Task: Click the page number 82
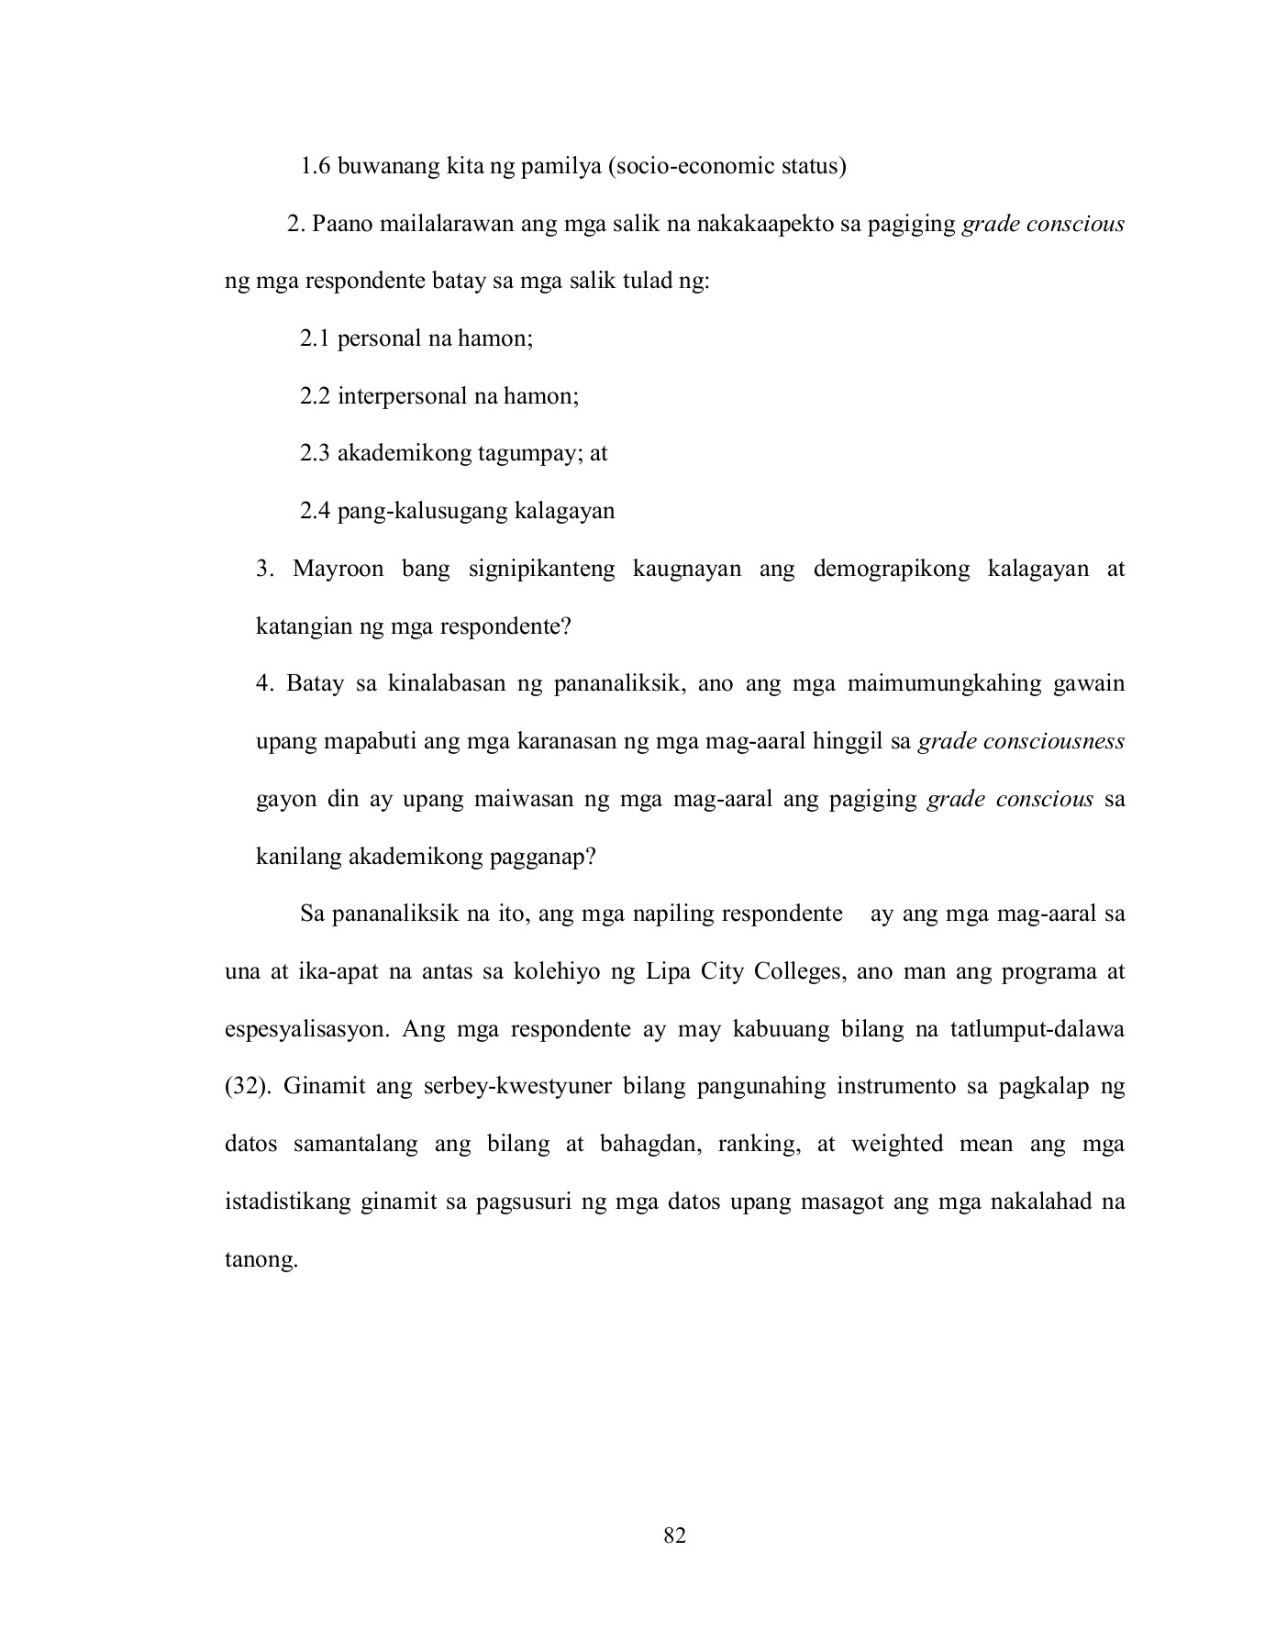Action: click(x=674, y=1535)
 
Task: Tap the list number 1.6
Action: click(x=315, y=166)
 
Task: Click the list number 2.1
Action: click(x=315, y=338)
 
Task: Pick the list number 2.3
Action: click(x=315, y=453)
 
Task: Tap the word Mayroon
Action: click(x=338, y=569)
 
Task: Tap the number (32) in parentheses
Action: click(x=247, y=1087)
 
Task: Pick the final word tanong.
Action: click(x=261, y=1260)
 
